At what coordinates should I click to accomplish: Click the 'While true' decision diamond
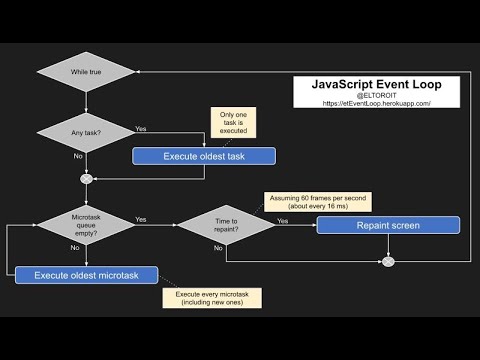coord(85,72)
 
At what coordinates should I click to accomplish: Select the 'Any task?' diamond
coord(85,131)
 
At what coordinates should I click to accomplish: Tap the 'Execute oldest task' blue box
coord(204,156)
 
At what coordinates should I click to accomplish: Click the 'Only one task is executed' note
coord(232,121)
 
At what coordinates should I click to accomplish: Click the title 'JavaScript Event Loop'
coord(376,84)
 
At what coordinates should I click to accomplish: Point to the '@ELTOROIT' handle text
coord(376,94)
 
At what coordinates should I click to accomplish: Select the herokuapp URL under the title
coord(376,103)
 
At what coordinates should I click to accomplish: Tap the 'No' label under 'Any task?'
coord(78,157)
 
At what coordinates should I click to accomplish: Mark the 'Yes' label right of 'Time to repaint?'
coord(283,220)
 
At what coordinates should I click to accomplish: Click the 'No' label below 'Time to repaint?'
coord(218,248)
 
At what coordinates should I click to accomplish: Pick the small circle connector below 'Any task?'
coord(85,180)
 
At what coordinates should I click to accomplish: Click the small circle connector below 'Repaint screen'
coord(389,263)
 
